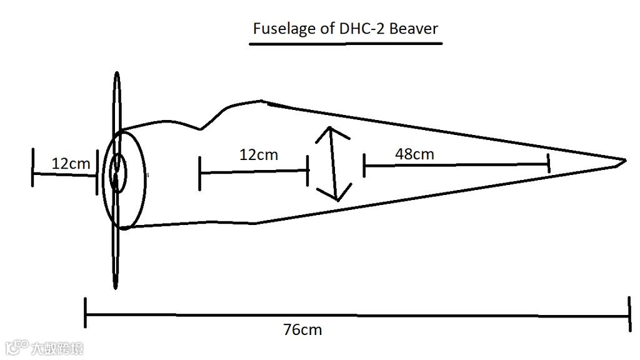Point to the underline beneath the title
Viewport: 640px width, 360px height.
[x=345, y=44]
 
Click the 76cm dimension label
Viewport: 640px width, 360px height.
[x=303, y=329]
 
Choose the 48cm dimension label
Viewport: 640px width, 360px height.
[x=414, y=154]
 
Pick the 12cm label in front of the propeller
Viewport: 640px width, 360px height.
[x=71, y=164]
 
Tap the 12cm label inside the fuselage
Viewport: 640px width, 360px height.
[x=258, y=154]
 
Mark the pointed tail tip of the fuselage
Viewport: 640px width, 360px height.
[x=624, y=161]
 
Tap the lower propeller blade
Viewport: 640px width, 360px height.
[x=116, y=256]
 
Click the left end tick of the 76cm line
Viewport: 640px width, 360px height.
[x=86, y=313]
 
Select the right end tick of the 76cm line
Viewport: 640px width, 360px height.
[x=629, y=316]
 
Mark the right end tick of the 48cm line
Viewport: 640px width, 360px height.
[x=548, y=164]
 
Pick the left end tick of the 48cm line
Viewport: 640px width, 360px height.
[x=364, y=166]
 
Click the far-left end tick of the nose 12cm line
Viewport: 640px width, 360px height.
[x=32, y=167]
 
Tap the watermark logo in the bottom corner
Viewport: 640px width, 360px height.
[x=18, y=347]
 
